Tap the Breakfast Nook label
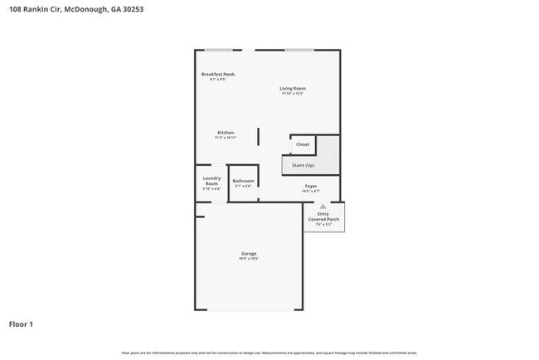pyautogui.click(x=218, y=75)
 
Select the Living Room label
pyautogui.click(x=293, y=88)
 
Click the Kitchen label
pyautogui.click(x=226, y=133)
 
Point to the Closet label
pyautogui.click(x=303, y=144)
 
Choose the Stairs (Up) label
pyautogui.click(x=303, y=166)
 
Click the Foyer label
pyautogui.click(x=311, y=186)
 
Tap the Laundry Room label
pyautogui.click(x=211, y=181)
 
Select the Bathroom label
pyautogui.click(x=243, y=182)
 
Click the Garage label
pyautogui.click(x=249, y=253)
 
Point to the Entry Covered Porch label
pyautogui.click(x=323, y=216)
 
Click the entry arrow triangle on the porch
pyautogui.click(x=323, y=206)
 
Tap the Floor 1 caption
pyautogui.click(x=22, y=324)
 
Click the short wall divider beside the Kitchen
pyautogui.click(x=258, y=137)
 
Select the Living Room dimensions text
pyautogui.click(x=293, y=94)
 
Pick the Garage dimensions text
pyautogui.click(x=249, y=259)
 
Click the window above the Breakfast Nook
pyautogui.click(x=219, y=51)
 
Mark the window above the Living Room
pyautogui.click(x=299, y=51)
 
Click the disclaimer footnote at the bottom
pyautogui.click(x=269, y=353)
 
